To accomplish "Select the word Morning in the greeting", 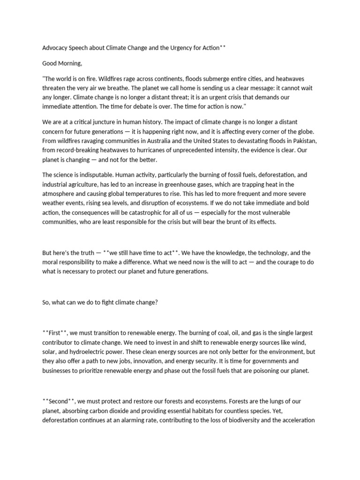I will click(x=71, y=63).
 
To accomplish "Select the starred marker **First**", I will click(x=55, y=333).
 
